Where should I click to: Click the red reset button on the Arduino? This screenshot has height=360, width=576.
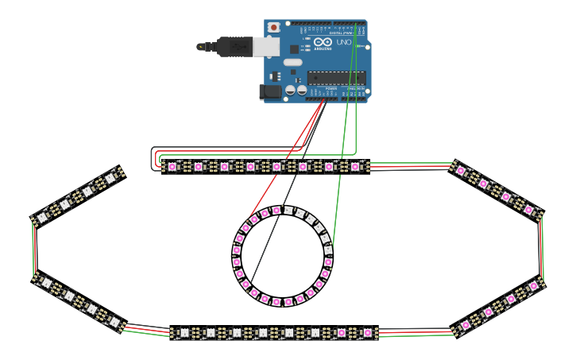274,27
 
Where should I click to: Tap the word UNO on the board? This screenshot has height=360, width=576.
344,42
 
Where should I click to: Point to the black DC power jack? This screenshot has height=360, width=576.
272,92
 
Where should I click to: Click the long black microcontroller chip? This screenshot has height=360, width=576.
336,77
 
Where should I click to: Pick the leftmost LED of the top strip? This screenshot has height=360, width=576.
172,167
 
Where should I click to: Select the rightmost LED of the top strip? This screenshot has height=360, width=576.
355,167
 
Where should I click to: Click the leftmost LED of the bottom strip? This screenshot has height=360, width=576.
184,333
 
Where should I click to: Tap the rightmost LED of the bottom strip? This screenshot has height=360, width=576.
367,333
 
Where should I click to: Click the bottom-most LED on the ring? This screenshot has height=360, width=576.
276,303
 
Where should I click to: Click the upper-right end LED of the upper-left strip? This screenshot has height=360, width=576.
110,179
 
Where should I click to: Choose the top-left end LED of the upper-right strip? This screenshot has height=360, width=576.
461,170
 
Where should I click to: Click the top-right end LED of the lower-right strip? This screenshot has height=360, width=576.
533,285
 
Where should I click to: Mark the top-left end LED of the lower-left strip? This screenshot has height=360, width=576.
46,282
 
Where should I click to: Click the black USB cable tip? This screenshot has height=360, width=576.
202,46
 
